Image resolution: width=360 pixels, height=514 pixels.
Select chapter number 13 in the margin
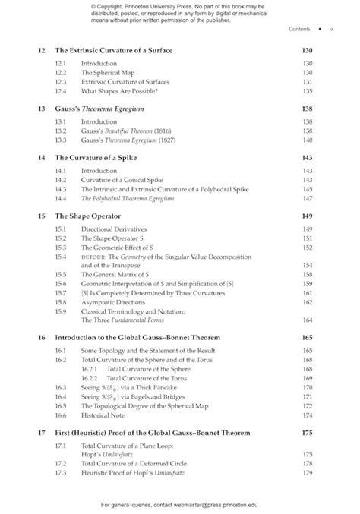42,109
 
